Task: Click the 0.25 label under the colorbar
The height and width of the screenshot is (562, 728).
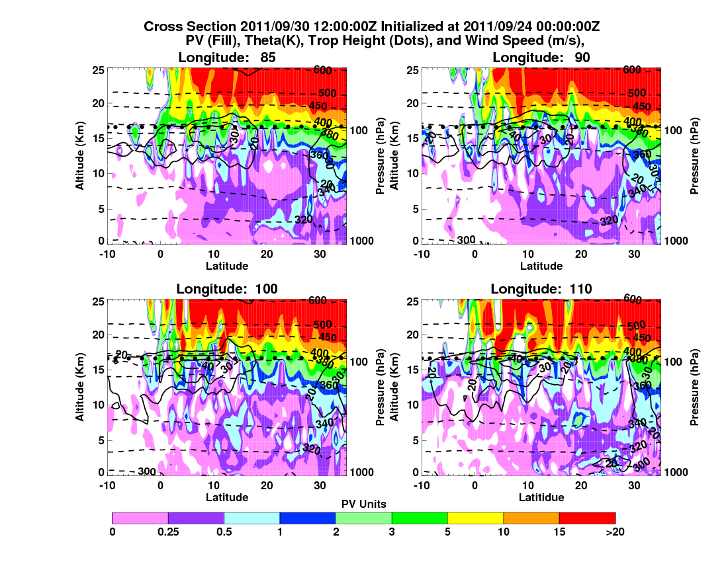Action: tap(168, 531)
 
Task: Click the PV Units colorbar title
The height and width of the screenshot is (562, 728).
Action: tap(363, 504)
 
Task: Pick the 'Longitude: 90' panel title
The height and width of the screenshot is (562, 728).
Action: tap(541, 58)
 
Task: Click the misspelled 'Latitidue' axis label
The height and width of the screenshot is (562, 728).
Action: tap(541, 497)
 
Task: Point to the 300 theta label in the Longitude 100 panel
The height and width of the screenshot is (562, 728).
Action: tap(147, 471)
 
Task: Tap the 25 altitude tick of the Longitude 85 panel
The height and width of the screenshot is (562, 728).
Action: tap(97, 69)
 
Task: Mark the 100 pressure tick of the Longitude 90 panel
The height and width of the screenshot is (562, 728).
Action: tap(671, 130)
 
